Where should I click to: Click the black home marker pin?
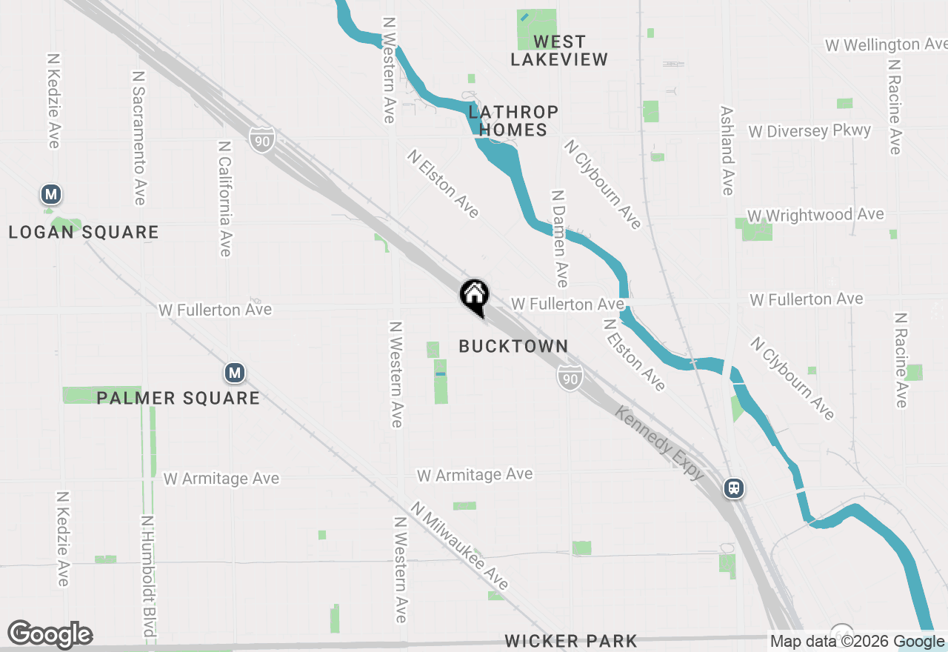click(x=474, y=296)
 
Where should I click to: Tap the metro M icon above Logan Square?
click(x=50, y=195)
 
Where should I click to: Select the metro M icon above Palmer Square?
click(x=235, y=373)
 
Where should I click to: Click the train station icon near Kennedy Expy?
click(x=734, y=489)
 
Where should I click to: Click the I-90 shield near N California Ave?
click(x=261, y=139)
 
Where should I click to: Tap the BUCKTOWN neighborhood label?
click(x=513, y=346)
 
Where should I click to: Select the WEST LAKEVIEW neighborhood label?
click(x=559, y=50)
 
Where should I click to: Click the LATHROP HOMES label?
click(x=513, y=121)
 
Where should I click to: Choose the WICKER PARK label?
click(x=570, y=641)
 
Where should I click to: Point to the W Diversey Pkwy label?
click(x=810, y=131)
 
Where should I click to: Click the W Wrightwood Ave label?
click(x=815, y=215)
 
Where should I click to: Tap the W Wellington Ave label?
click(x=886, y=45)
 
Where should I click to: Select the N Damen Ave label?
click(x=559, y=239)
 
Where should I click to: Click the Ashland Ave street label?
click(x=727, y=150)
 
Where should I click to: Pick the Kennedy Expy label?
click(x=660, y=443)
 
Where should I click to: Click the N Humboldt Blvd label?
click(x=147, y=576)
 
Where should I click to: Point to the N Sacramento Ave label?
click(x=138, y=138)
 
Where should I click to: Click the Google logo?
click(x=50, y=635)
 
